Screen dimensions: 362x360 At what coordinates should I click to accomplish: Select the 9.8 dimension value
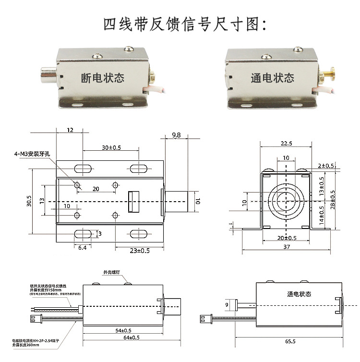click(176, 135)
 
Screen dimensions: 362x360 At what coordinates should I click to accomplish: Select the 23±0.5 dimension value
click(140, 250)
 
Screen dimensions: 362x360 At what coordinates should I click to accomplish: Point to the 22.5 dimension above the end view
click(286, 143)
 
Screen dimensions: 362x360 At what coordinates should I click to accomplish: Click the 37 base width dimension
click(287, 247)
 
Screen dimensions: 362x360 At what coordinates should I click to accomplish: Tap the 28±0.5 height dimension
click(333, 198)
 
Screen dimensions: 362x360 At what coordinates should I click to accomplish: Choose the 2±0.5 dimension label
click(326, 166)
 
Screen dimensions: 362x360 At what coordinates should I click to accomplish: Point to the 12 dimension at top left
click(70, 130)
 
